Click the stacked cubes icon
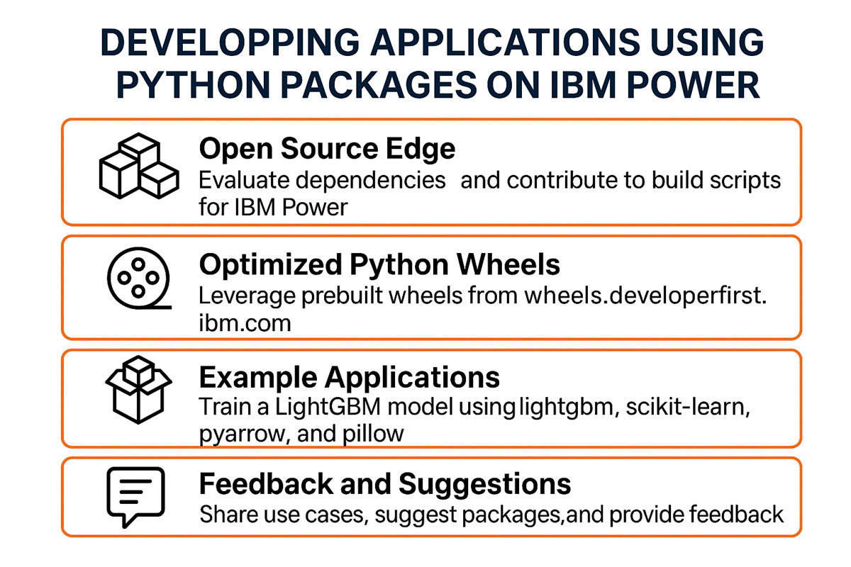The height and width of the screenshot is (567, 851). click(137, 168)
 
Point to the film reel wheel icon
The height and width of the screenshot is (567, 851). click(137, 281)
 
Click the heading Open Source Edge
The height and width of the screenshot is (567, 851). click(327, 150)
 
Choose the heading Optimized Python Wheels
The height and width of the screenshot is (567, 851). click(379, 264)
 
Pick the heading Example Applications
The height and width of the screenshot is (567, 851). click(349, 377)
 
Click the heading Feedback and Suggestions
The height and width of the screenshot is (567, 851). click(384, 485)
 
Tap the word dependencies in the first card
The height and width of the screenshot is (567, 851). click(371, 180)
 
